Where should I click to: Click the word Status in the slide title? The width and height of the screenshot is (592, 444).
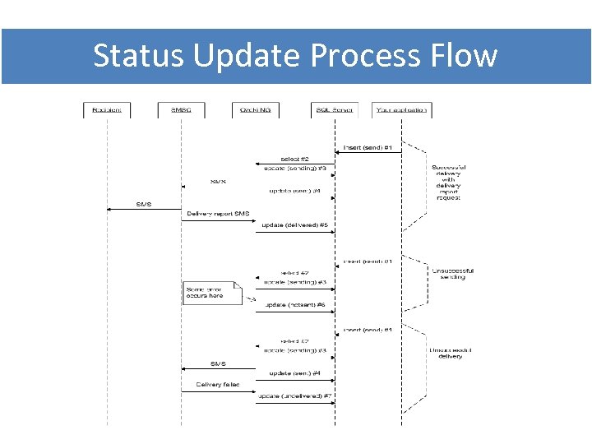click(138, 56)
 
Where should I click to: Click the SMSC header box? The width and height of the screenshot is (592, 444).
click(182, 109)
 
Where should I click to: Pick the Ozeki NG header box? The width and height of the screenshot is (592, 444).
click(256, 109)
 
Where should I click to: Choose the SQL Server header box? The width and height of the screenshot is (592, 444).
click(335, 109)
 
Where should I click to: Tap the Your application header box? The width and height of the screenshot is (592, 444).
click(401, 109)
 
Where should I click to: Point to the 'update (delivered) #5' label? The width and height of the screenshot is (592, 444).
click(294, 224)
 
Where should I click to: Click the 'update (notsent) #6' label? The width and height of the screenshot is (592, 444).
click(295, 305)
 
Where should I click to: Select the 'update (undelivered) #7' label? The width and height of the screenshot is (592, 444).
click(294, 395)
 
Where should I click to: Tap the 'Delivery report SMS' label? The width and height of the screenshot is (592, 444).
click(218, 214)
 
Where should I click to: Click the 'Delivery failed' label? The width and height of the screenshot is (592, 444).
click(218, 384)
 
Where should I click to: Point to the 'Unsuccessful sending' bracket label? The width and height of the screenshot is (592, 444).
click(452, 274)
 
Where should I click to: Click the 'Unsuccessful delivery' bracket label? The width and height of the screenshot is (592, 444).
click(451, 353)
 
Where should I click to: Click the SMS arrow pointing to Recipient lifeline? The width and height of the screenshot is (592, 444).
click(143, 206)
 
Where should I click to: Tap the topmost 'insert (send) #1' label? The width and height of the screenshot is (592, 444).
click(367, 148)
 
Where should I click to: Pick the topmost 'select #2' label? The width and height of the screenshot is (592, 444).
click(294, 158)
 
